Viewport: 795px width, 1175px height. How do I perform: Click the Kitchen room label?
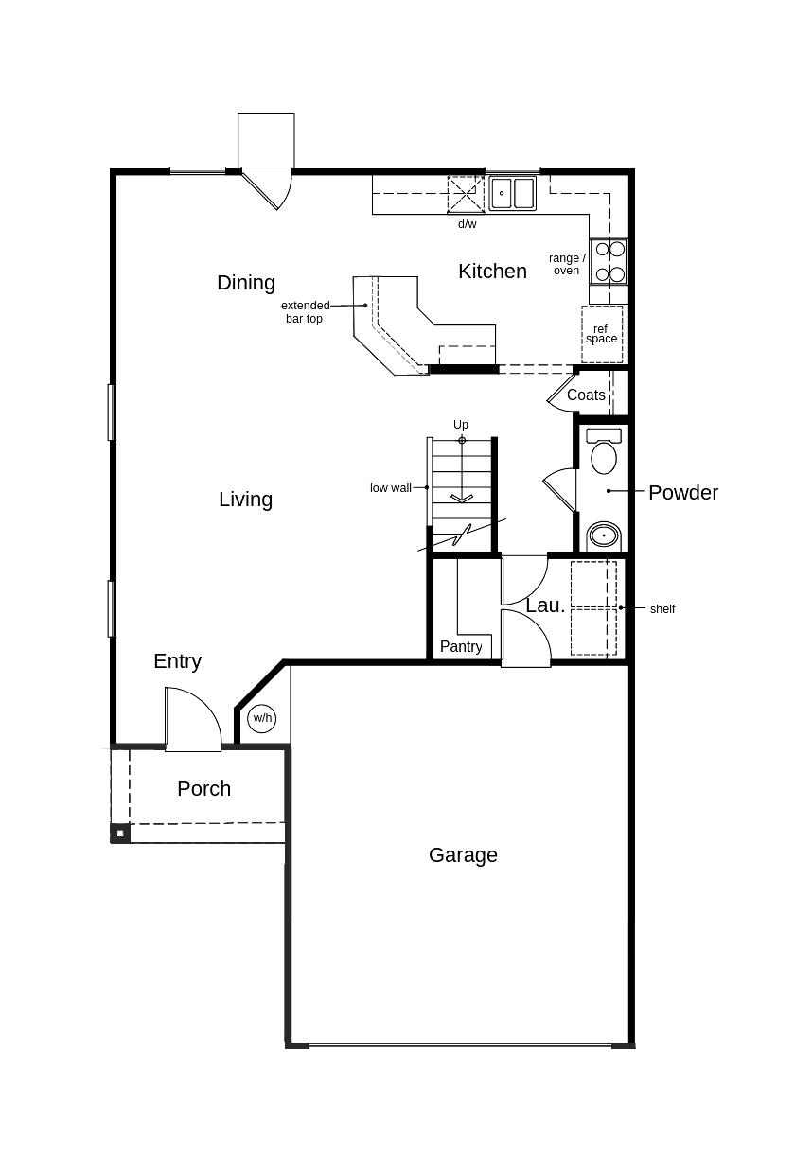tap(492, 272)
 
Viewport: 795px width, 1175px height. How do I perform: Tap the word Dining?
tap(246, 283)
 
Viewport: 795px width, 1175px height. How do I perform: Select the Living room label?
tap(245, 500)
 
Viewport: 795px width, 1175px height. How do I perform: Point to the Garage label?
tap(463, 855)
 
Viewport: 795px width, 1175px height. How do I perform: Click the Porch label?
tap(204, 788)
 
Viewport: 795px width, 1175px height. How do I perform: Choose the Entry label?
tap(177, 662)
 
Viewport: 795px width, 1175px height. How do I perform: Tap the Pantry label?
tap(461, 647)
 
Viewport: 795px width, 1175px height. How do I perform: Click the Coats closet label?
tap(586, 395)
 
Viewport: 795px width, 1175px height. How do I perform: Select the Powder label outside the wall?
tap(683, 493)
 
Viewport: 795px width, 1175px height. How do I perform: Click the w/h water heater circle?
tap(262, 718)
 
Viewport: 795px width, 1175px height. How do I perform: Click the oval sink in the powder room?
tap(604, 535)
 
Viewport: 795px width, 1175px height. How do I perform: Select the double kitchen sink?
tap(513, 193)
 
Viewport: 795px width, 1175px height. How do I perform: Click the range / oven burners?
tap(609, 261)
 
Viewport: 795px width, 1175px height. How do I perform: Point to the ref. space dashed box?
tap(602, 335)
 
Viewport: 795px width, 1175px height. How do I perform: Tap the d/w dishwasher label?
tap(467, 224)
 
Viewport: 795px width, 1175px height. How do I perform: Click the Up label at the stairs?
tap(461, 425)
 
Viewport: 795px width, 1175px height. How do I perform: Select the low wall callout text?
tap(391, 488)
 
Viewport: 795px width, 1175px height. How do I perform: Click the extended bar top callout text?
tap(305, 311)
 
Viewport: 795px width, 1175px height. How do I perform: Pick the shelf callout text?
tap(662, 609)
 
